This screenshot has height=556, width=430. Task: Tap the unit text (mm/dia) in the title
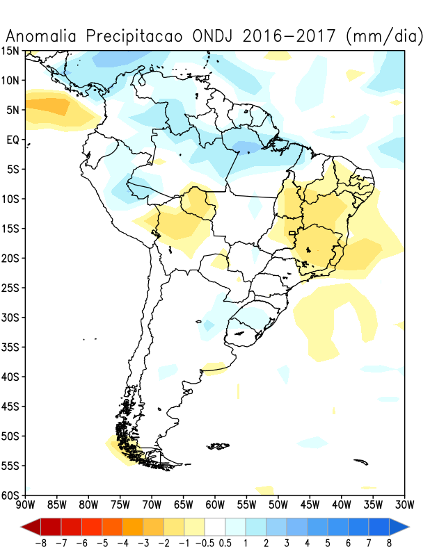click(384, 35)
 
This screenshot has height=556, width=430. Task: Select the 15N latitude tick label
click(11, 51)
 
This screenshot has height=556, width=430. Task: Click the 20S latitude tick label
click(11, 259)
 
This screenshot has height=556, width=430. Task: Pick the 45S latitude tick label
click(11, 407)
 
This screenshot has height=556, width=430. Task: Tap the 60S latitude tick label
click(11, 495)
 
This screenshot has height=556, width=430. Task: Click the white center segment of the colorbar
click(216, 525)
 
